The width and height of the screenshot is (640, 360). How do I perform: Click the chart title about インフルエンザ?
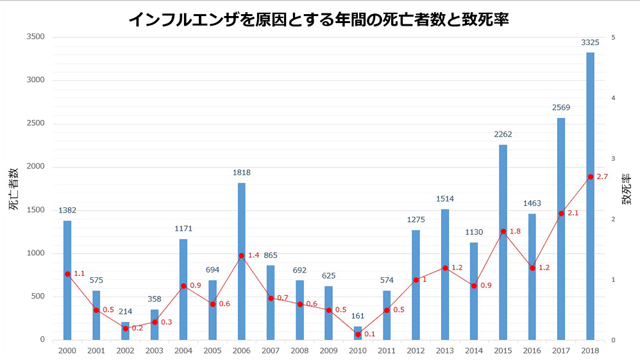click(x=319, y=19)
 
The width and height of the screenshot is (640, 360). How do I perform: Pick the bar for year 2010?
click(x=358, y=329)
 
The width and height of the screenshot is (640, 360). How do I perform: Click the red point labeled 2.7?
click(x=590, y=176)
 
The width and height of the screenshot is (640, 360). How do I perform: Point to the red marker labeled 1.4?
click(x=241, y=255)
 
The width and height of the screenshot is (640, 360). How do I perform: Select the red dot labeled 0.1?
click(x=358, y=334)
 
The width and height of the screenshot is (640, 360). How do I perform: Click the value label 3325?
click(x=590, y=42)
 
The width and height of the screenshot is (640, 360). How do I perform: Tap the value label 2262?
click(x=503, y=135)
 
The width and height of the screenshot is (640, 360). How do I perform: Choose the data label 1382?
click(x=67, y=210)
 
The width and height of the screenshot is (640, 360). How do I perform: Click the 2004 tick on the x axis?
click(x=183, y=351)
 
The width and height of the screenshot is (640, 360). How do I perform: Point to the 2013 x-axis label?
click(x=445, y=351)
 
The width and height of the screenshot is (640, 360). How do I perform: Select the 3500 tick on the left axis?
click(x=35, y=37)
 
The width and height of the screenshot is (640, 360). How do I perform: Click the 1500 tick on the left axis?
click(x=35, y=210)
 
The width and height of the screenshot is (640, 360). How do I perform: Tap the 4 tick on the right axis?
click(x=614, y=98)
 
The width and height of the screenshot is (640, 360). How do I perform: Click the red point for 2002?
click(x=125, y=328)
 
